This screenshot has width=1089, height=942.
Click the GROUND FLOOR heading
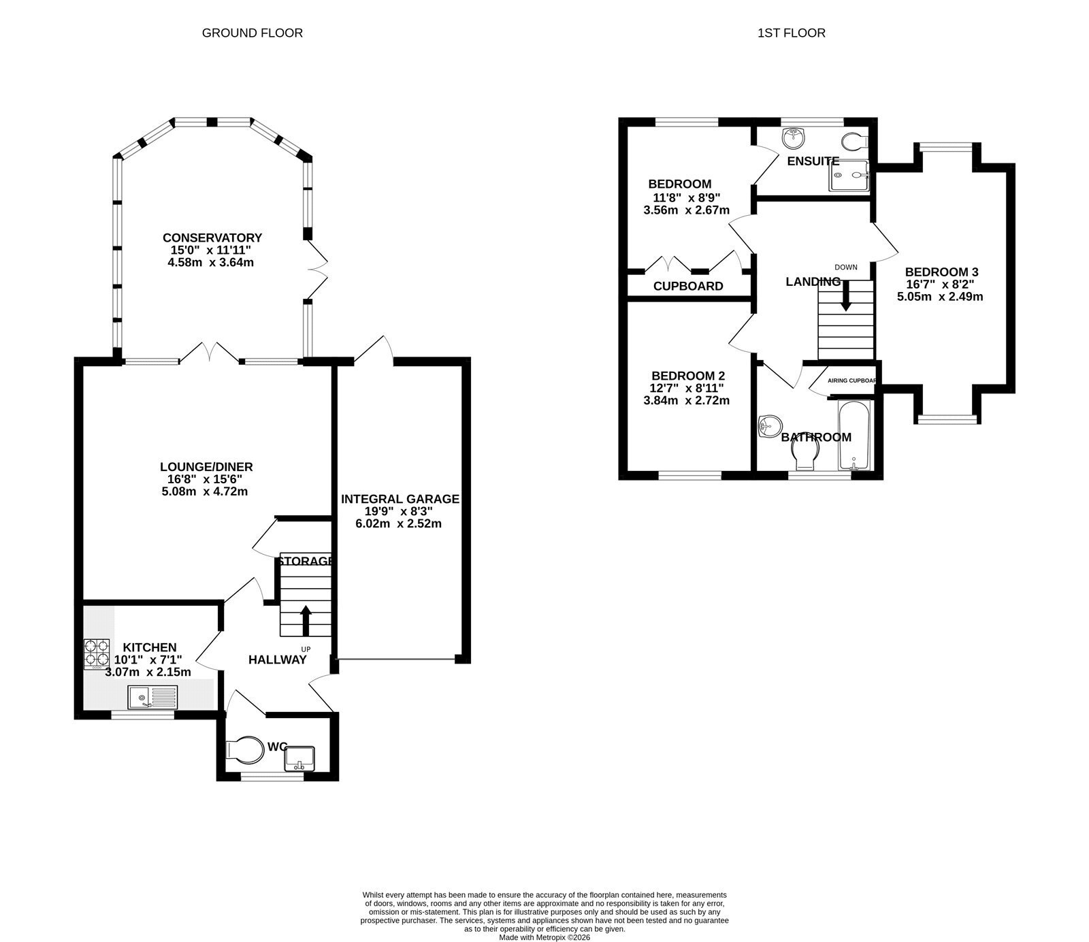coord(252,33)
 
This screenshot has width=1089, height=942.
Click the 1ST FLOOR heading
coord(791,33)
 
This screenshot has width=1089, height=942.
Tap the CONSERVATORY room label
coord(212,238)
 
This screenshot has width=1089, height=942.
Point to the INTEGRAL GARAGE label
coord(400,500)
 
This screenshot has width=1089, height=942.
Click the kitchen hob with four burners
coord(97,653)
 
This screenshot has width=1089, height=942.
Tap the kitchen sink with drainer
coord(152,697)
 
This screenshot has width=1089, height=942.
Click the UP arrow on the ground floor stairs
coord(305,619)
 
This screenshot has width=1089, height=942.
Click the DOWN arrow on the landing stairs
coord(845,296)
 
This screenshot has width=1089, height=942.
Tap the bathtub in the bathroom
coord(854,436)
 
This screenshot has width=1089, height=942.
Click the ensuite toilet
coord(855,142)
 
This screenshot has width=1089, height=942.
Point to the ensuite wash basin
coord(794,138)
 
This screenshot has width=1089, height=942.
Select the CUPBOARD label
coord(688,287)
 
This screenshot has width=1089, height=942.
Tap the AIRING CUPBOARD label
coord(851,380)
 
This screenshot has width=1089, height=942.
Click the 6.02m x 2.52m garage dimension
coord(398,524)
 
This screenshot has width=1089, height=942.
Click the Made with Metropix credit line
coord(544,937)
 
